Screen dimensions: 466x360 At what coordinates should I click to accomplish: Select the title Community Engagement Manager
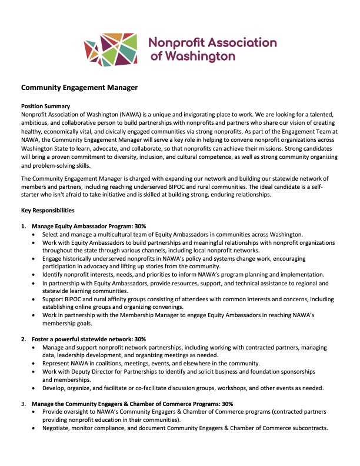(x=79, y=88)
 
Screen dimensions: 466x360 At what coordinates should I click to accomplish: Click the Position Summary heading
(x=46, y=106)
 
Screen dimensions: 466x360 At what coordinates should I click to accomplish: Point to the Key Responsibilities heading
(x=48, y=210)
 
